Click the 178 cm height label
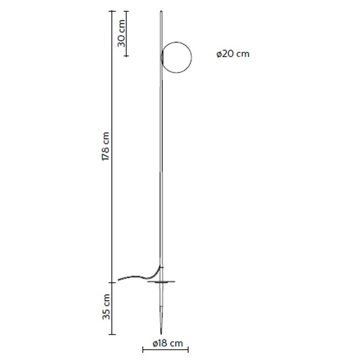coord(105,146)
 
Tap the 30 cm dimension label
coord(121,33)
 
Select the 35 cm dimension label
coord(106,307)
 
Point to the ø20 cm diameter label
coord(233,54)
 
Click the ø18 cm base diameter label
coord(168,344)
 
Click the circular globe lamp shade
coord(191,58)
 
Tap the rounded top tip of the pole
coord(161,12)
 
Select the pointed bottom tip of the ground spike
coord(162,333)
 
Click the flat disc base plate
coord(161,281)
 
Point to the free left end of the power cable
coord(118,280)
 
